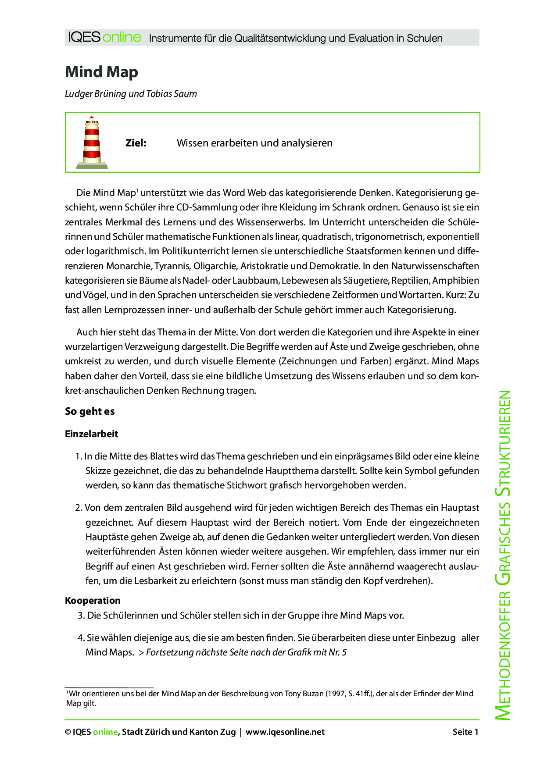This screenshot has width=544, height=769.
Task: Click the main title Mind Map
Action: (x=101, y=72)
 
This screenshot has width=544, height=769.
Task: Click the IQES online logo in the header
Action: (x=104, y=38)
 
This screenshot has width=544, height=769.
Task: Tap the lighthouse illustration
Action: (x=92, y=142)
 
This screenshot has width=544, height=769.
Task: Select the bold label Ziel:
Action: (x=136, y=143)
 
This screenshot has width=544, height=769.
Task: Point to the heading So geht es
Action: (x=89, y=411)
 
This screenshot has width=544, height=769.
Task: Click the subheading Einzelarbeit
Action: (x=91, y=434)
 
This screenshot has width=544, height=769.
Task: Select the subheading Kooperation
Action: (x=93, y=601)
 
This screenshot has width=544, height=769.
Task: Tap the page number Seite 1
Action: (x=465, y=732)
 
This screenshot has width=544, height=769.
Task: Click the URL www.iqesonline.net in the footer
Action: (x=285, y=732)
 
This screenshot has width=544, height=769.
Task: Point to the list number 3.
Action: (x=81, y=616)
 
